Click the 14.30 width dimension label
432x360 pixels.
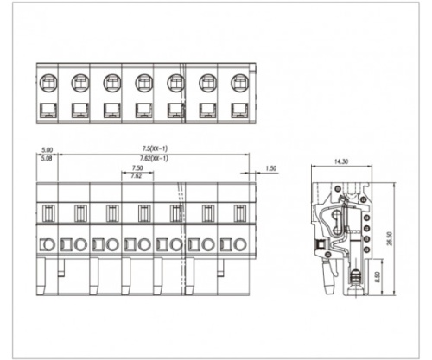[341, 161]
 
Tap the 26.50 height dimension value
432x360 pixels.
[391, 238]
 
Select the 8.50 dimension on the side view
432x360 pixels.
[378, 277]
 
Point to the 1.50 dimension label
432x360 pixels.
[271, 168]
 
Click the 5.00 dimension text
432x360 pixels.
[48, 150]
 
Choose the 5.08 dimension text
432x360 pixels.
[47, 158]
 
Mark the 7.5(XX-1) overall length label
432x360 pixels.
[155, 148]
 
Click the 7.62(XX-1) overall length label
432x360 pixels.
[154, 158]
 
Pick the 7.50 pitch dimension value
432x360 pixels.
[137, 167]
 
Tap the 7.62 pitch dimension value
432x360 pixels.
[137, 176]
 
